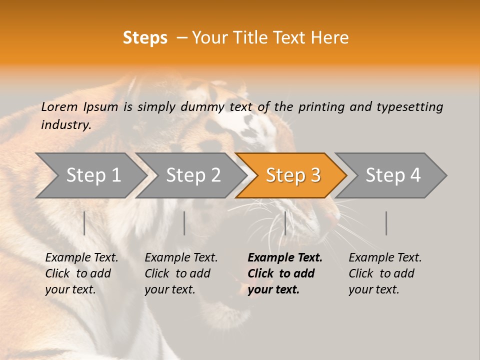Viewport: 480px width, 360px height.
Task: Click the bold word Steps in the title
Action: (x=145, y=38)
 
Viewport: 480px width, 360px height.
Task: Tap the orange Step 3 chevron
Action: (x=291, y=175)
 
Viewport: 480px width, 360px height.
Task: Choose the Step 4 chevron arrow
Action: (x=391, y=175)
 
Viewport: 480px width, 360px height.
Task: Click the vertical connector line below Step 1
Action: (x=84, y=223)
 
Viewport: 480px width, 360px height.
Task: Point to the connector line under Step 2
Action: (x=184, y=223)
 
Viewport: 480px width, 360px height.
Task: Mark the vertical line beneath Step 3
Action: (x=285, y=223)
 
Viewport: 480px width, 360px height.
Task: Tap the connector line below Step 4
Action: (x=386, y=223)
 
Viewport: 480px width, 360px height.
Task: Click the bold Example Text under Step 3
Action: (x=284, y=258)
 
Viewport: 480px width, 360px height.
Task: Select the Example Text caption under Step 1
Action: (x=81, y=258)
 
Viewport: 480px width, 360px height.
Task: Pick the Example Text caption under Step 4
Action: (x=385, y=258)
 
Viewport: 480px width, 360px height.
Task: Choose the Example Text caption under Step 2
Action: (x=181, y=258)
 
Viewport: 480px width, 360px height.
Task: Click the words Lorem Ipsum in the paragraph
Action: (x=79, y=107)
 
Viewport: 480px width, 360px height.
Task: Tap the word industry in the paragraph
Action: (x=65, y=124)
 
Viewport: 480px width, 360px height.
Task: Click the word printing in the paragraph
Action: (x=321, y=107)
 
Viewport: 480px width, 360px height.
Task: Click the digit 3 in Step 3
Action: (x=315, y=175)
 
